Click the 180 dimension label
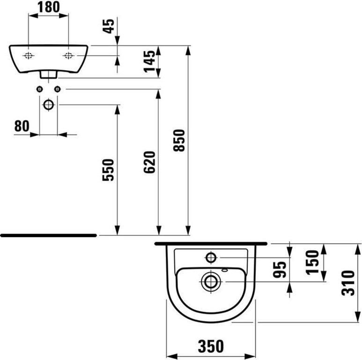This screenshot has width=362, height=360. pos(49,7)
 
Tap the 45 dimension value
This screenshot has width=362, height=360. pos(109,26)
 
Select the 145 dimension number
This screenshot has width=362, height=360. pos(149,61)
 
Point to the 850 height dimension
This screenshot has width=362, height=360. pos(179,140)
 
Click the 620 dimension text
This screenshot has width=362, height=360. pos(149,162)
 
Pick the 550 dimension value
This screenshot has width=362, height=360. pos(108,170)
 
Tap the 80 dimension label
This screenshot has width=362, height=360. pos(22,126)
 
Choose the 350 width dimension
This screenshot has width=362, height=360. pos(211,346)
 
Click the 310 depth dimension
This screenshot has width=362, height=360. pos(348,283)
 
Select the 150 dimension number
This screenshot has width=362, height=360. pos(312,262)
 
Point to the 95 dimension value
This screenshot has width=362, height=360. pos(280,270)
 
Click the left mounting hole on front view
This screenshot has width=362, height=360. pos(29,56)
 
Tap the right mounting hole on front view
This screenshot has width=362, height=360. pos(68,56)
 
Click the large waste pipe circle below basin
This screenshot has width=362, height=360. pos(49,105)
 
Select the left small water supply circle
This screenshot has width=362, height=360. pos(39,89)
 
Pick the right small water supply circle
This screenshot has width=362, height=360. pos(57,89)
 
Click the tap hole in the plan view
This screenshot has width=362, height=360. pos(211,257)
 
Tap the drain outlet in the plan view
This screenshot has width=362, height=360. pos(211,282)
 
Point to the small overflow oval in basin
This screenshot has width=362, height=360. pos(224,270)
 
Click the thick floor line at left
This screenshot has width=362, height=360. pos(49,235)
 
